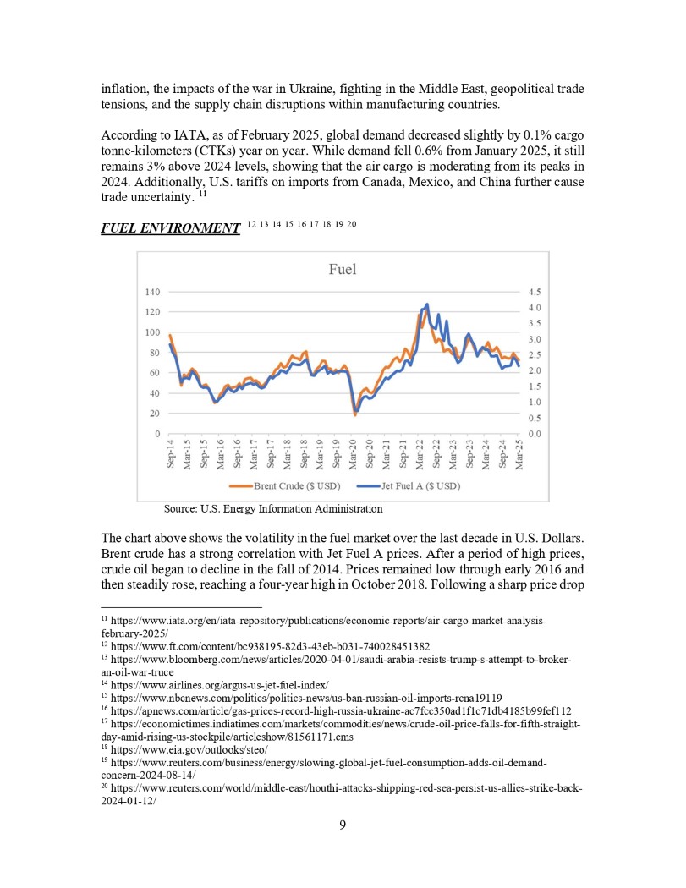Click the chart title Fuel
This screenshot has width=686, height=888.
(x=342, y=270)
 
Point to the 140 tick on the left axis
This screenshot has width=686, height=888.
(x=152, y=292)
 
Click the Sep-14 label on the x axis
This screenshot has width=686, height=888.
(x=170, y=454)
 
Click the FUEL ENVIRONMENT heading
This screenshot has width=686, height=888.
(x=170, y=228)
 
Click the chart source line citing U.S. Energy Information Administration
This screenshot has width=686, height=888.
(x=272, y=509)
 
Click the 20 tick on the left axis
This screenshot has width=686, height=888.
(x=155, y=414)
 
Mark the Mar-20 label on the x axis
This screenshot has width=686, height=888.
(x=354, y=454)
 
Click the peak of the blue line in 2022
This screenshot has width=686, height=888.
(x=427, y=304)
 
